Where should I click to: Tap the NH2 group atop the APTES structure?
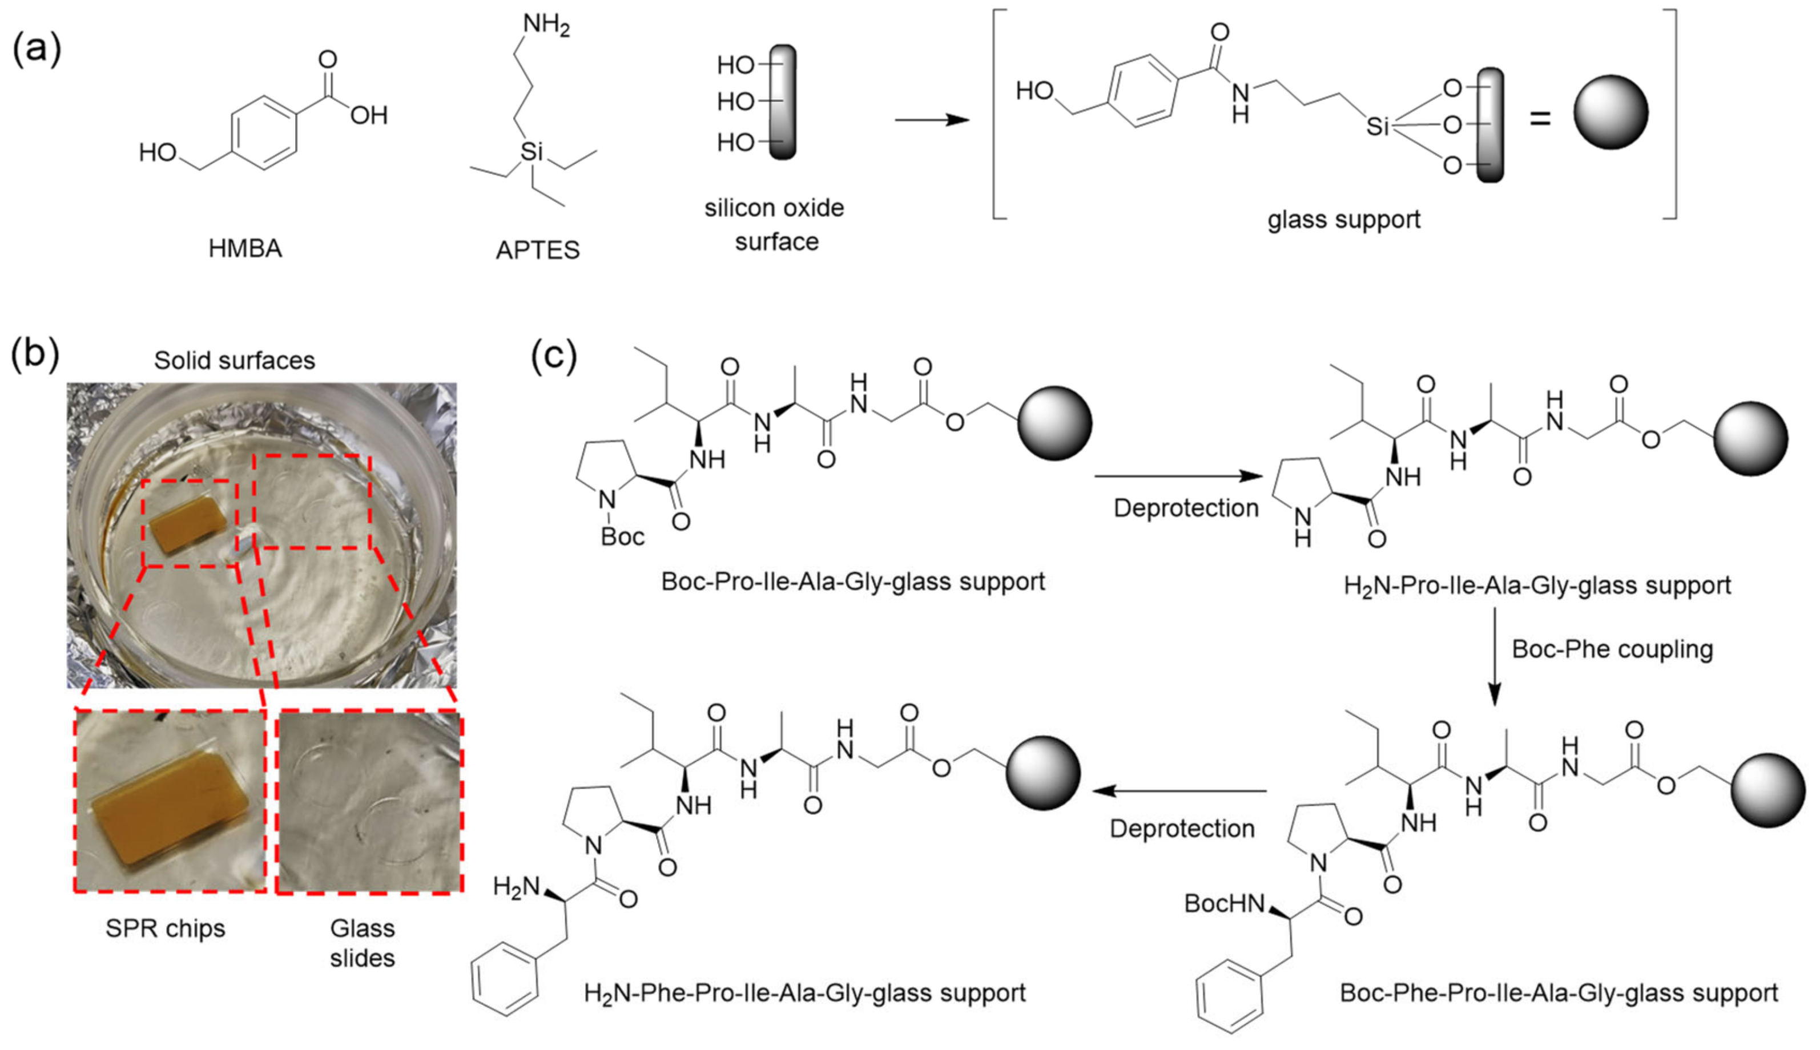pos(546,25)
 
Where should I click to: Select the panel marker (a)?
pos(37,50)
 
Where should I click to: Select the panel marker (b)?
pos(35,356)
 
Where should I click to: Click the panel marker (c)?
pos(554,356)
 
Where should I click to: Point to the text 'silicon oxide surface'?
pos(775,224)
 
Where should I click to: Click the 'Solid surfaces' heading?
pos(235,360)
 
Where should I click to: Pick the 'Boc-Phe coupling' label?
pos(1612,649)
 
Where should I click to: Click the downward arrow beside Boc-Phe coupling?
pos(1495,656)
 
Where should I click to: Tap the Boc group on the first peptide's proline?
pos(622,536)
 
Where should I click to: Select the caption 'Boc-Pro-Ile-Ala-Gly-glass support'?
pos(853,581)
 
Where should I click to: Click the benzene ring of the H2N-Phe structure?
pos(505,981)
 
